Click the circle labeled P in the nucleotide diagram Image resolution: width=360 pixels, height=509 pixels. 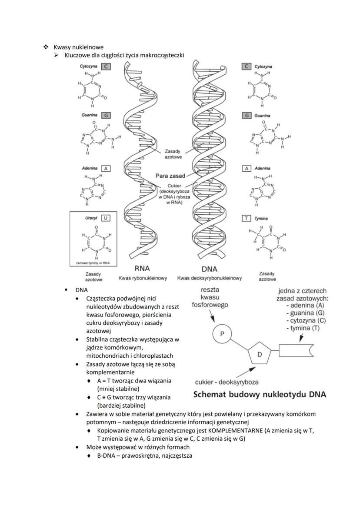[221, 334]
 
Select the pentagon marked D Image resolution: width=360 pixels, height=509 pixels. [260, 355]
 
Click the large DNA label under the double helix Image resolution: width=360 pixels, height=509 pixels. [209, 269]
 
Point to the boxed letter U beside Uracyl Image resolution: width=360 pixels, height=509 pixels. [106, 218]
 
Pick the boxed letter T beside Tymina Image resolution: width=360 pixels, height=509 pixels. [247, 218]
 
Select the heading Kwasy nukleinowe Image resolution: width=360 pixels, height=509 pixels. [79, 47]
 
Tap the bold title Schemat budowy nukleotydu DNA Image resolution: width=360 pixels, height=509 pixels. [260, 395]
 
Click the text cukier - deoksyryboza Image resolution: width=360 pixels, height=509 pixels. [227, 382]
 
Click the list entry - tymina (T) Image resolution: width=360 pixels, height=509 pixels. [303, 328]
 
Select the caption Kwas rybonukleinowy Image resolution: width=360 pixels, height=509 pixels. [143, 278]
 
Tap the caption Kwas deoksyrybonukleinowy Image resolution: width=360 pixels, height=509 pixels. [209, 278]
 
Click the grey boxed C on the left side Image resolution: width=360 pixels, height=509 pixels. [106, 67]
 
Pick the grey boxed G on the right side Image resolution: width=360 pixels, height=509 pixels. [247, 116]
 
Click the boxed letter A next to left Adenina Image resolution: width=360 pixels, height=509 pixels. [106, 168]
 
